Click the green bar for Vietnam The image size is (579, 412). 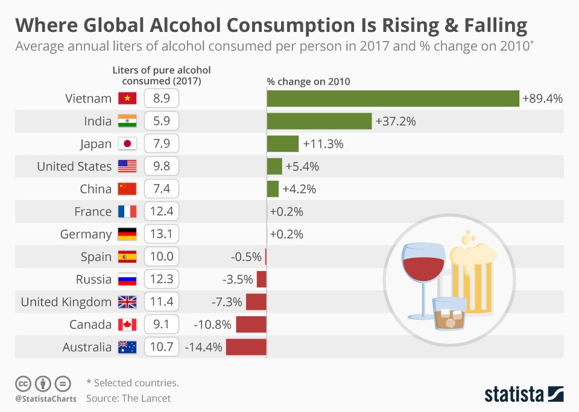[x=393, y=99]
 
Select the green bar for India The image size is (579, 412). [x=319, y=121]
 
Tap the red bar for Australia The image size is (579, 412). [x=246, y=347]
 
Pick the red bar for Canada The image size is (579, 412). [x=251, y=325]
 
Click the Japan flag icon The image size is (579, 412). [x=127, y=144]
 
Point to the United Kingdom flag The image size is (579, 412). [x=127, y=302]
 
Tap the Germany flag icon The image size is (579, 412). [x=127, y=234]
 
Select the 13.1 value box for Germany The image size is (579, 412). [x=162, y=234]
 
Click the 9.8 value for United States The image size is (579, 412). [x=162, y=166]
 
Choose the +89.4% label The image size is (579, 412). [x=543, y=99]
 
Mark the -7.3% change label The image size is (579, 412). [x=227, y=302]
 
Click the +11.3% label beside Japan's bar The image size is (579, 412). [x=323, y=144]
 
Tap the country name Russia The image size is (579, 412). [x=93, y=279]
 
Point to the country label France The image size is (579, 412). [x=93, y=211]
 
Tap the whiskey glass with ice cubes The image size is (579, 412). [x=449, y=314]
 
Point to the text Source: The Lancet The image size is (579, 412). [x=128, y=398]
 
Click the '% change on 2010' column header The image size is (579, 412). [x=308, y=81]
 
